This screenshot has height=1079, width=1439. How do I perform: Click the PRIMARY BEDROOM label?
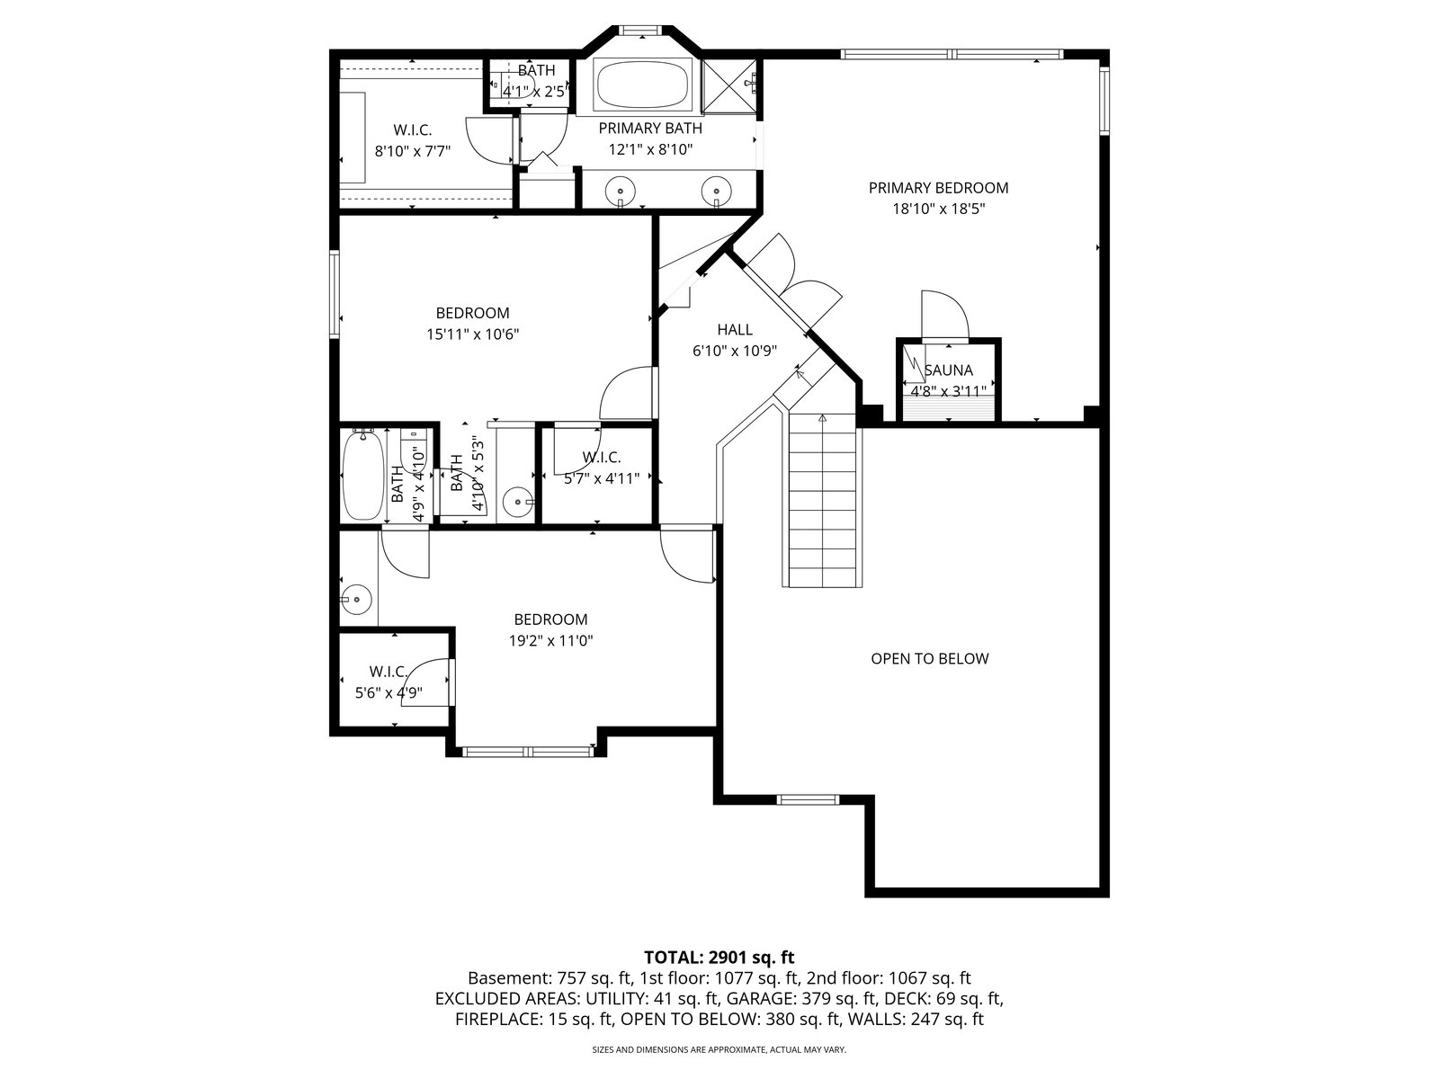coord(938,188)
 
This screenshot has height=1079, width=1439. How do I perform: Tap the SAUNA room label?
coord(949,370)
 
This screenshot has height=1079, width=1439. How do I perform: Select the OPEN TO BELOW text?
coord(930,659)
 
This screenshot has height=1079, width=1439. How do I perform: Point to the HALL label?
coord(734,329)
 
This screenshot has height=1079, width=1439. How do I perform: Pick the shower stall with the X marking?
coord(729,85)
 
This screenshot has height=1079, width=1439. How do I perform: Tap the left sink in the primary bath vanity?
coord(621,192)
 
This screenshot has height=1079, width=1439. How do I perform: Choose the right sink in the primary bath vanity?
coord(716,192)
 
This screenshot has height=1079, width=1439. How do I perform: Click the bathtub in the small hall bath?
coord(363,475)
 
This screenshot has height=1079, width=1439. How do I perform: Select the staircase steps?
coord(823,500)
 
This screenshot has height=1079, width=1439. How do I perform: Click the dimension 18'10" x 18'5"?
coord(939,210)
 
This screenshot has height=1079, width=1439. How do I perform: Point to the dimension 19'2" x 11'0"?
coord(550,641)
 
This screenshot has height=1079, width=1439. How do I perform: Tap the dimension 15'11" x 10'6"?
coord(473,334)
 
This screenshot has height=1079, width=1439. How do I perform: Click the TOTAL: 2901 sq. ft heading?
coord(719,958)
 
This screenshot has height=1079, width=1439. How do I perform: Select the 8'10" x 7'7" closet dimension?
coord(412,152)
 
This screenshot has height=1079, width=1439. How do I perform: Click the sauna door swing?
coord(944,315)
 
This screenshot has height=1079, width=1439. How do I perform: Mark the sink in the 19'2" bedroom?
coord(356,599)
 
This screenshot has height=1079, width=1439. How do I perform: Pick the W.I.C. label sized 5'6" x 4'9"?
coord(389,673)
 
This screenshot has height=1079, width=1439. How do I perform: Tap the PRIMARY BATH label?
coord(650,129)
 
